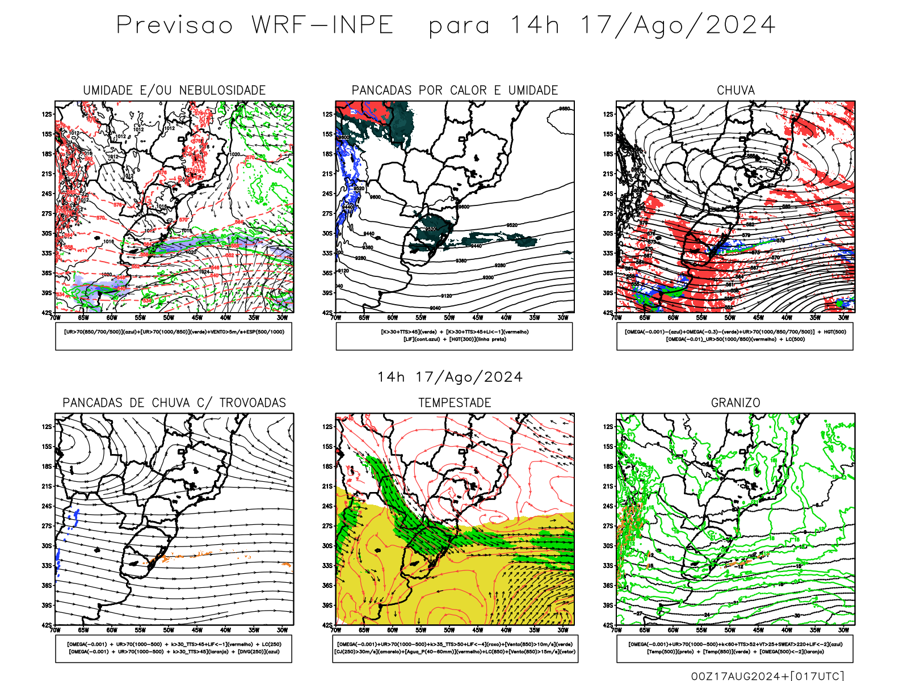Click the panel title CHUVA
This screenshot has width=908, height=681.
pos(735,90)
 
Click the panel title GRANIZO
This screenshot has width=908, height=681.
pos(735,403)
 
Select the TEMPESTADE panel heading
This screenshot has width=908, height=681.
pos(455,403)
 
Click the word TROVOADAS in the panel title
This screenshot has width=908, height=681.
pos(253,403)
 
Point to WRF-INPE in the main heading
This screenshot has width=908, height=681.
pos(322,26)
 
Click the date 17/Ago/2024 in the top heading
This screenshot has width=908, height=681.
pos(677,26)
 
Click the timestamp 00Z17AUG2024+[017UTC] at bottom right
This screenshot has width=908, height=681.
pos(767,676)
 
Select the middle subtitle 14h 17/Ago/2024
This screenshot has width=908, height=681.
pos(450,377)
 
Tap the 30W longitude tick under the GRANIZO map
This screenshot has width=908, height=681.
pos(843,630)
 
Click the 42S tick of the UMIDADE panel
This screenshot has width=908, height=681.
pos(46,313)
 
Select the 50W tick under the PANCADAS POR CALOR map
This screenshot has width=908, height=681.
pos(449,318)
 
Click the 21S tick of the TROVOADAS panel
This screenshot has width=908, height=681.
pos(46,486)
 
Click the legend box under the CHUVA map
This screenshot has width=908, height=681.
pos(735,336)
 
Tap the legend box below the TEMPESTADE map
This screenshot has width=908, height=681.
pos(455,648)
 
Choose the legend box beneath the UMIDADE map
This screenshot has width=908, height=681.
pos(174,336)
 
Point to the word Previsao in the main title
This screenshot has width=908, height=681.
pos(175,26)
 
